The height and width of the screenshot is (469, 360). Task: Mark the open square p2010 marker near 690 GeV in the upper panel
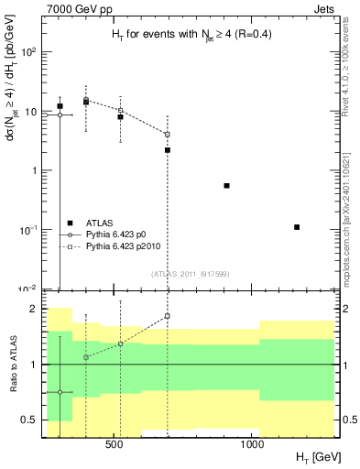(168, 135)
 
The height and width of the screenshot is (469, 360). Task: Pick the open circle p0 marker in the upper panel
(60, 115)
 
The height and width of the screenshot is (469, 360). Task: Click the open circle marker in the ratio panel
(60, 392)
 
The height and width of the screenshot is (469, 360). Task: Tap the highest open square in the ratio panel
(168, 316)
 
